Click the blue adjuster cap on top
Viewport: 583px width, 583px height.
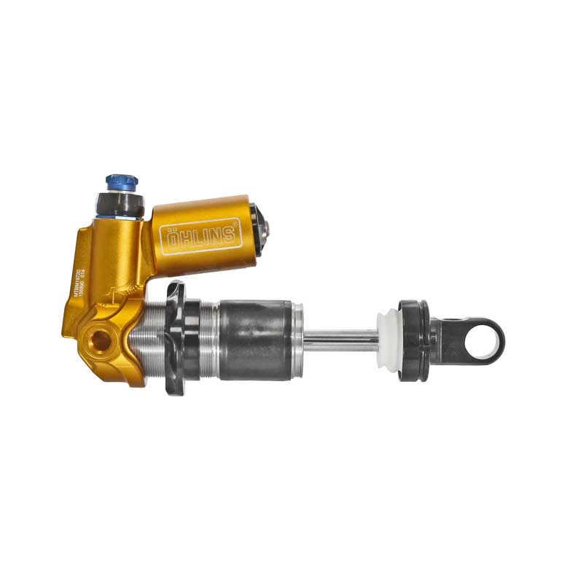point(121,181)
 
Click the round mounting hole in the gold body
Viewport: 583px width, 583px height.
point(99,339)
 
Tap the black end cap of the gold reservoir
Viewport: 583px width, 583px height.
point(257,228)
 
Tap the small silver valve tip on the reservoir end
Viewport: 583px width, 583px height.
point(267,229)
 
